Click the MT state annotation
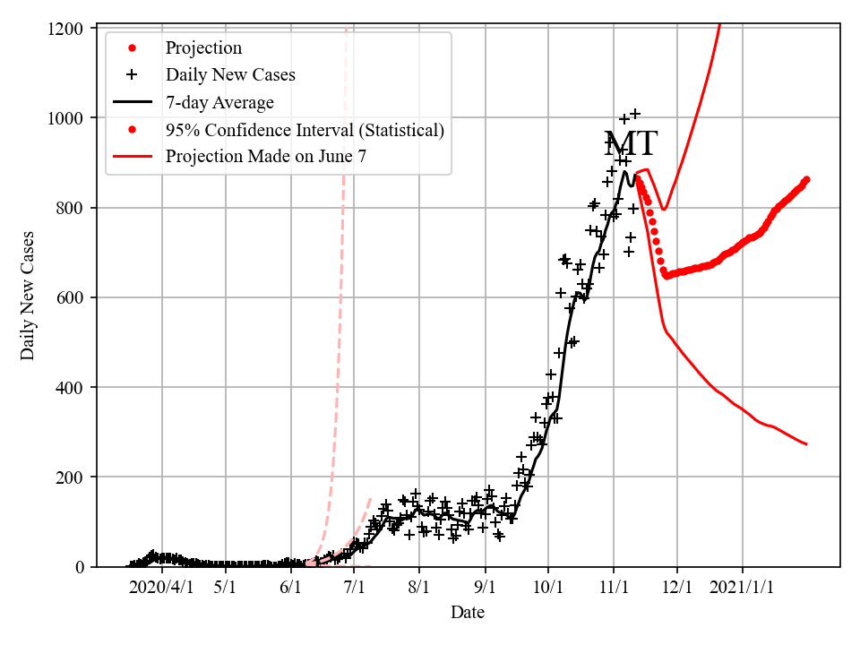click(631, 144)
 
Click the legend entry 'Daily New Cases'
click(230, 75)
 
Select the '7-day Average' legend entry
click(219, 103)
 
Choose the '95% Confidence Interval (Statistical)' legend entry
click(305, 130)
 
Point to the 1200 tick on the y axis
click(65, 29)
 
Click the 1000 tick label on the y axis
click(65, 118)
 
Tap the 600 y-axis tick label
click(70, 297)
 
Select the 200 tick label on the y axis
click(70, 477)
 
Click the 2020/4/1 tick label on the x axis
click(160, 588)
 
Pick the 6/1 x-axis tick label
click(290, 588)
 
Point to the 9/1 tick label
click(486, 588)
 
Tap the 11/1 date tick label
click(614, 588)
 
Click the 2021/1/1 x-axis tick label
click(743, 588)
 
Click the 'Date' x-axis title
click(468, 613)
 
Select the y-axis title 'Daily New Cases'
click(28, 296)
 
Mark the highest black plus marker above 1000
click(635, 114)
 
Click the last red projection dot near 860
click(806, 179)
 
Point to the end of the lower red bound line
click(806, 444)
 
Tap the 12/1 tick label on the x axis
click(677, 588)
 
